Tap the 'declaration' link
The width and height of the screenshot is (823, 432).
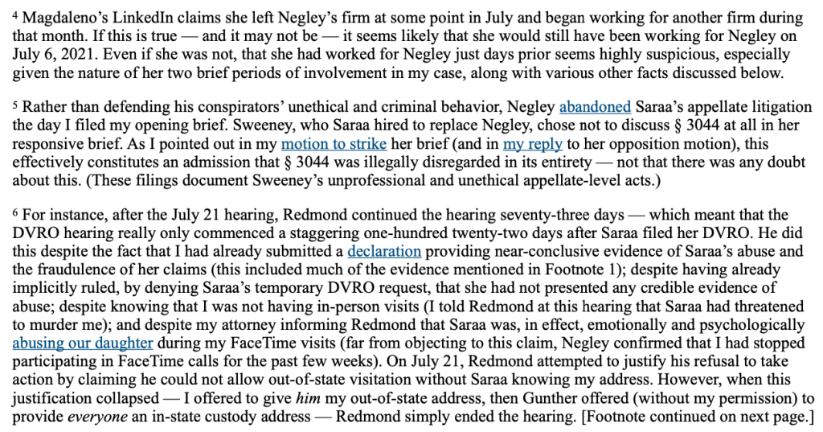pos(385,252)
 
